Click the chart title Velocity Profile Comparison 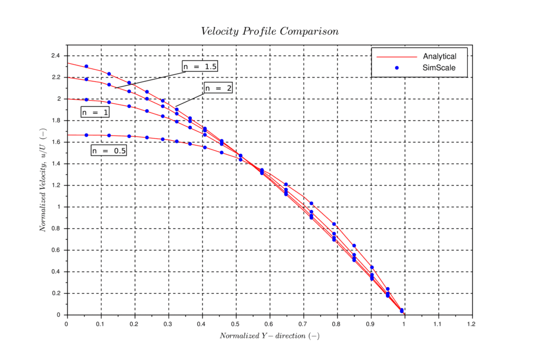pyautogui.click(x=269, y=32)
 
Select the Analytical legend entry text pyautogui.click(x=439, y=56)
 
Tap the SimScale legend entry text pyautogui.click(x=439, y=67)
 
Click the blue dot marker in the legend pyautogui.click(x=397, y=67)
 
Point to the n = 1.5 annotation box pyautogui.click(x=200, y=66)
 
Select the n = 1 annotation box pyautogui.click(x=95, y=112)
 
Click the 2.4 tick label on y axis pyautogui.click(x=55, y=55)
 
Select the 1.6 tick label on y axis pyautogui.click(x=55, y=142)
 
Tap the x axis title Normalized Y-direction pyautogui.click(x=269, y=336)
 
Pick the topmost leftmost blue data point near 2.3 pyautogui.click(x=86, y=66)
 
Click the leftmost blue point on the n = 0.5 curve pyautogui.click(x=86, y=135)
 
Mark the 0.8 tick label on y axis pyautogui.click(x=55, y=229)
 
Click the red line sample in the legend pyautogui.click(x=397, y=56)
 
